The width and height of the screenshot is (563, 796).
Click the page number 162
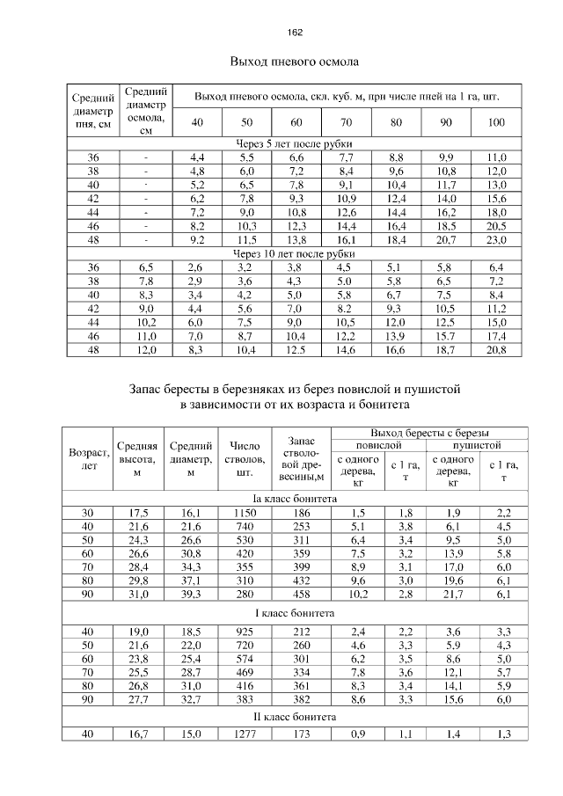click(x=295, y=33)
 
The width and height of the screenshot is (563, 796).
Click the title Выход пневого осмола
click(x=295, y=62)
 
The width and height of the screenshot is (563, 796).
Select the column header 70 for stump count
click(x=346, y=122)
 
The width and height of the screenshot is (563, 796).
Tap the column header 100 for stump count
click(x=496, y=122)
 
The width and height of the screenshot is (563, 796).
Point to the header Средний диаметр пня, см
click(x=92, y=111)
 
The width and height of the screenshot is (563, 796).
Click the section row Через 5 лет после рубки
click(x=295, y=142)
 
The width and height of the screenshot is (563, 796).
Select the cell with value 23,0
click(x=496, y=240)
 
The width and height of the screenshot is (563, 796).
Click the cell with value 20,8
click(x=496, y=351)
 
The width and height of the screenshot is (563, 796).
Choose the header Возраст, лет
click(x=89, y=459)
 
